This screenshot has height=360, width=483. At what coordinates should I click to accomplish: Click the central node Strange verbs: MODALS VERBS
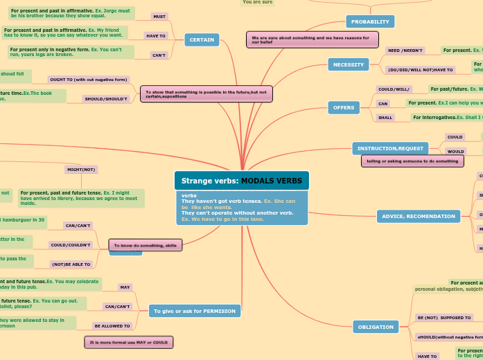(241, 181)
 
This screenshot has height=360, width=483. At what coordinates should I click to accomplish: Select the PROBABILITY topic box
(369, 21)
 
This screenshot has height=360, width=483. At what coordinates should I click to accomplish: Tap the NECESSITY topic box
(348, 64)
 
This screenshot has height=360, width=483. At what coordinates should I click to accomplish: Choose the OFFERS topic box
(344, 107)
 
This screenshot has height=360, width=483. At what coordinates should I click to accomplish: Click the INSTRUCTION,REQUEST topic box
(390, 148)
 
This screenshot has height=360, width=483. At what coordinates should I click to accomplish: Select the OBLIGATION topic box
(375, 326)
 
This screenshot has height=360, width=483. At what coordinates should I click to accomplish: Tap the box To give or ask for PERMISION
(195, 311)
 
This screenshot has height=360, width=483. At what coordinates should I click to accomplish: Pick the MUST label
(159, 16)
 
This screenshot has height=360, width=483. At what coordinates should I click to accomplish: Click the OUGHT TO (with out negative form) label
(87, 80)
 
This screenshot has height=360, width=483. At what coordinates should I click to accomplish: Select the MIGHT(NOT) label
(81, 169)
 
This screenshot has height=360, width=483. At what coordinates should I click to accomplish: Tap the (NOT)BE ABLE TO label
(71, 264)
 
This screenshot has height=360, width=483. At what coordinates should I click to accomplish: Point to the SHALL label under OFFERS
(385, 118)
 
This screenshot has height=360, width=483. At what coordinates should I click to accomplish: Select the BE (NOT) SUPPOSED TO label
(444, 317)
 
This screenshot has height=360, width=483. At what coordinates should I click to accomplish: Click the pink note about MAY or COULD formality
(128, 342)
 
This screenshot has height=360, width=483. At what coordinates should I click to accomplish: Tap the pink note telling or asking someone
(412, 161)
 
